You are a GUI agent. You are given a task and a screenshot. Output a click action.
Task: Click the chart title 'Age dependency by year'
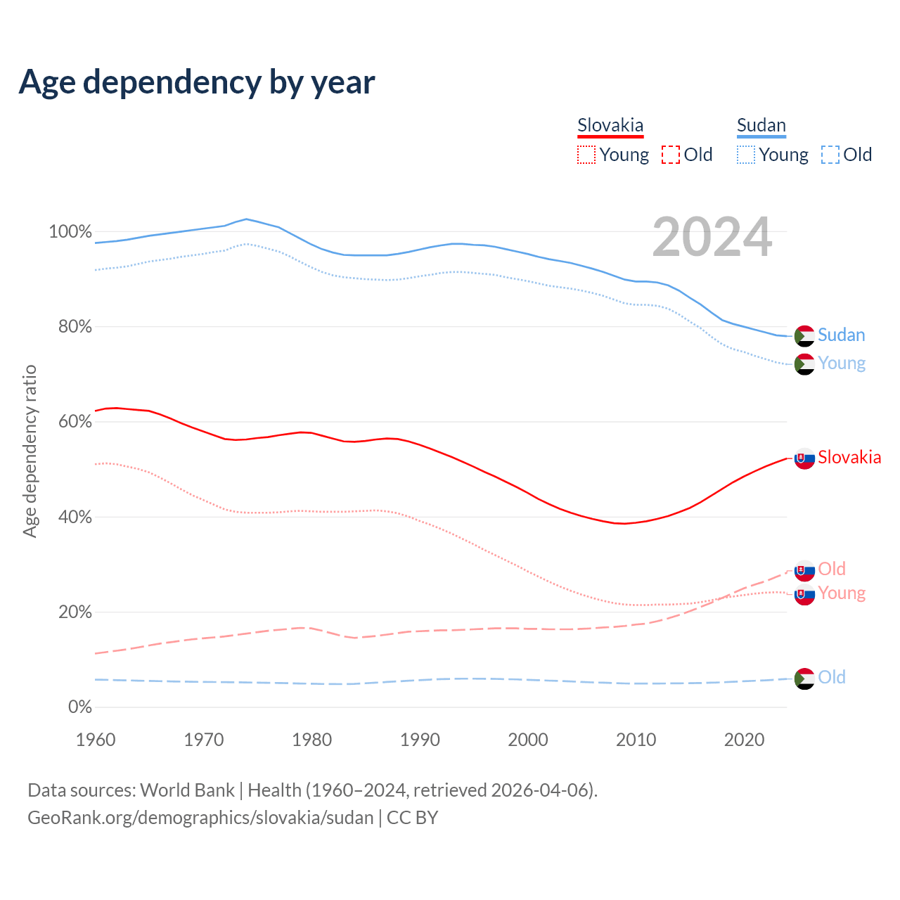[x=197, y=82]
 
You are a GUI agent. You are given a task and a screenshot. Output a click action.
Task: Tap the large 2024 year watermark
[x=712, y=238]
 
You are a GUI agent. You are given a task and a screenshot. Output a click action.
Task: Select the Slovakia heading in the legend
[x=610, y=125]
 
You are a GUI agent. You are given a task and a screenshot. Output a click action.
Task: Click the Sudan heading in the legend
[x=761, y=125]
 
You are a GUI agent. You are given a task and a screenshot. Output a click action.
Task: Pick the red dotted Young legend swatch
[x=586, y=155]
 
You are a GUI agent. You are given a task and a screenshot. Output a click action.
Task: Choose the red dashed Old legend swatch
[x=671, y=155]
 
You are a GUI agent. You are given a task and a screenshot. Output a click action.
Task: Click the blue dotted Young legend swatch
[x=746, y=155]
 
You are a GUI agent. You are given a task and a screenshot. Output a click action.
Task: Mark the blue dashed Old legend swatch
[x=830, y=155]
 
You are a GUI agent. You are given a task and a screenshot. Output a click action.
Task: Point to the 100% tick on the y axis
[x=70, y=231]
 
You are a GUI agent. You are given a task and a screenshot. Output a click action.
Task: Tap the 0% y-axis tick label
[x=79, y=707]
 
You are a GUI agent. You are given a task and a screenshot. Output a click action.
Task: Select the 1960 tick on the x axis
[x=96, y=740]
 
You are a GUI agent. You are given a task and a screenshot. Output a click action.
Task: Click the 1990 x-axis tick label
[x=420, y=740]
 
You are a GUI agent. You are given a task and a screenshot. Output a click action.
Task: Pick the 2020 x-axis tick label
[x=744, y=740]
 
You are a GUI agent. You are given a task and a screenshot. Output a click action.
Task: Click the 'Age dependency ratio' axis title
[x=30, y=451]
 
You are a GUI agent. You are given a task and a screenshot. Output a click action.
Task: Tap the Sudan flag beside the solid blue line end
[x=804, y=336]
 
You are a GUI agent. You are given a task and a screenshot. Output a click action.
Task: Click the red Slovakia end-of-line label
[x=849, y=458]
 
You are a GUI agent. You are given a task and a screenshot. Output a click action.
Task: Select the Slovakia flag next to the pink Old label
[x=804, y=570]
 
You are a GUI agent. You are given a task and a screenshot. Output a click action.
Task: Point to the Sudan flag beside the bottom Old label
[x=804, y=679]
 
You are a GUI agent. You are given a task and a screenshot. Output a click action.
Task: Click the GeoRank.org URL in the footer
[x=200, y=818]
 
